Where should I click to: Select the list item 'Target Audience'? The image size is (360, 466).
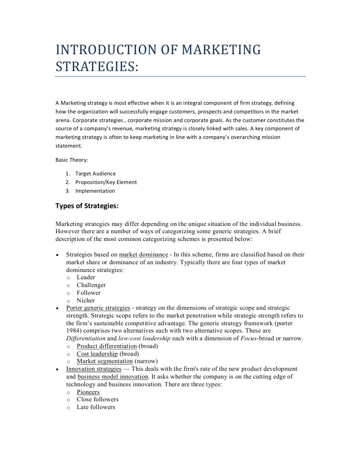coord(96,174)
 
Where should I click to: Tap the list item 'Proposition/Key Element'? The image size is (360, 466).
coord(106,182)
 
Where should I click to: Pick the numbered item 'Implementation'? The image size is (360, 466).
coord(95,191)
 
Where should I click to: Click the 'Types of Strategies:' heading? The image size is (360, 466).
coord(87,206)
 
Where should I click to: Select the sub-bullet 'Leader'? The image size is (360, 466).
coord(86,277)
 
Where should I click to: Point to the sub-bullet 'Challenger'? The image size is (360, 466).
coord(91,285)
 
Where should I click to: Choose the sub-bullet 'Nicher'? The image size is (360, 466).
coord(86,301)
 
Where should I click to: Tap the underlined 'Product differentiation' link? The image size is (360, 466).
coord(106,346)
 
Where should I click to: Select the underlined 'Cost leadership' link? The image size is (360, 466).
coord(97,354)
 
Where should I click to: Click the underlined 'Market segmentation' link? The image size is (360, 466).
coord(105,362)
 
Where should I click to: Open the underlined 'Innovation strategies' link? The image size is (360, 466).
coord(94,369)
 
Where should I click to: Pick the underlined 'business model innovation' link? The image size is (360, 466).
coord(113,377)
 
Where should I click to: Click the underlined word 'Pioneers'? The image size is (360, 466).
coord(88,392)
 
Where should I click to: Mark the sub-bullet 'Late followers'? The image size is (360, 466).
coord(96,407)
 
